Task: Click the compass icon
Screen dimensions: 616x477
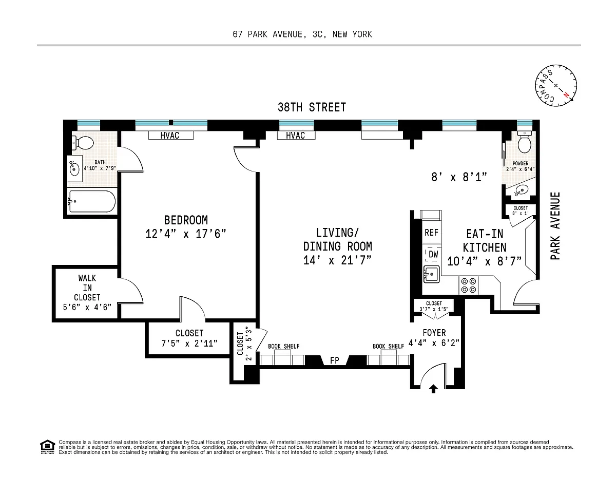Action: (x=555, y=86)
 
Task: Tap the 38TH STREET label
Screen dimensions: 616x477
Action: (x=312, y=107)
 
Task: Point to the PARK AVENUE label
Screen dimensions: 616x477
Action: (x=555, y=226)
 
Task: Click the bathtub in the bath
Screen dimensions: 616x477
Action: (x=92, y=201)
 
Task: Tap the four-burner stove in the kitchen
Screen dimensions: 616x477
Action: (x=468, y=285)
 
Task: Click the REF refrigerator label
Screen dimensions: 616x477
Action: (x=431, y=233)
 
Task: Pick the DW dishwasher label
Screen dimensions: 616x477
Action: (x=433, y=254)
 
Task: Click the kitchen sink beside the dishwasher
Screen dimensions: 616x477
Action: (x=431, y=274)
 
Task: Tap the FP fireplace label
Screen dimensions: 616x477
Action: (x=335, y=360)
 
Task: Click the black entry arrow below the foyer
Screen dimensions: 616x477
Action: (x=433, y=389)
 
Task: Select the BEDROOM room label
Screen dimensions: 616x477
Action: (x=186, y=220)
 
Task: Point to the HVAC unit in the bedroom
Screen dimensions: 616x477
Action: (x=171, y=135)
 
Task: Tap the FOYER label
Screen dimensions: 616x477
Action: (x=434, y=332)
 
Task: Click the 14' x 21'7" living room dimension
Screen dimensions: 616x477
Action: (x=337, y=260)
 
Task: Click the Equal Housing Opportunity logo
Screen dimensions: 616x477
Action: (x=47, y=447)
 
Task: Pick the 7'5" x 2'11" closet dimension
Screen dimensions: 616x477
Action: (x=189, y=344)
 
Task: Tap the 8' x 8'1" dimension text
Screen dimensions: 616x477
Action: (x=459, y=177)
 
